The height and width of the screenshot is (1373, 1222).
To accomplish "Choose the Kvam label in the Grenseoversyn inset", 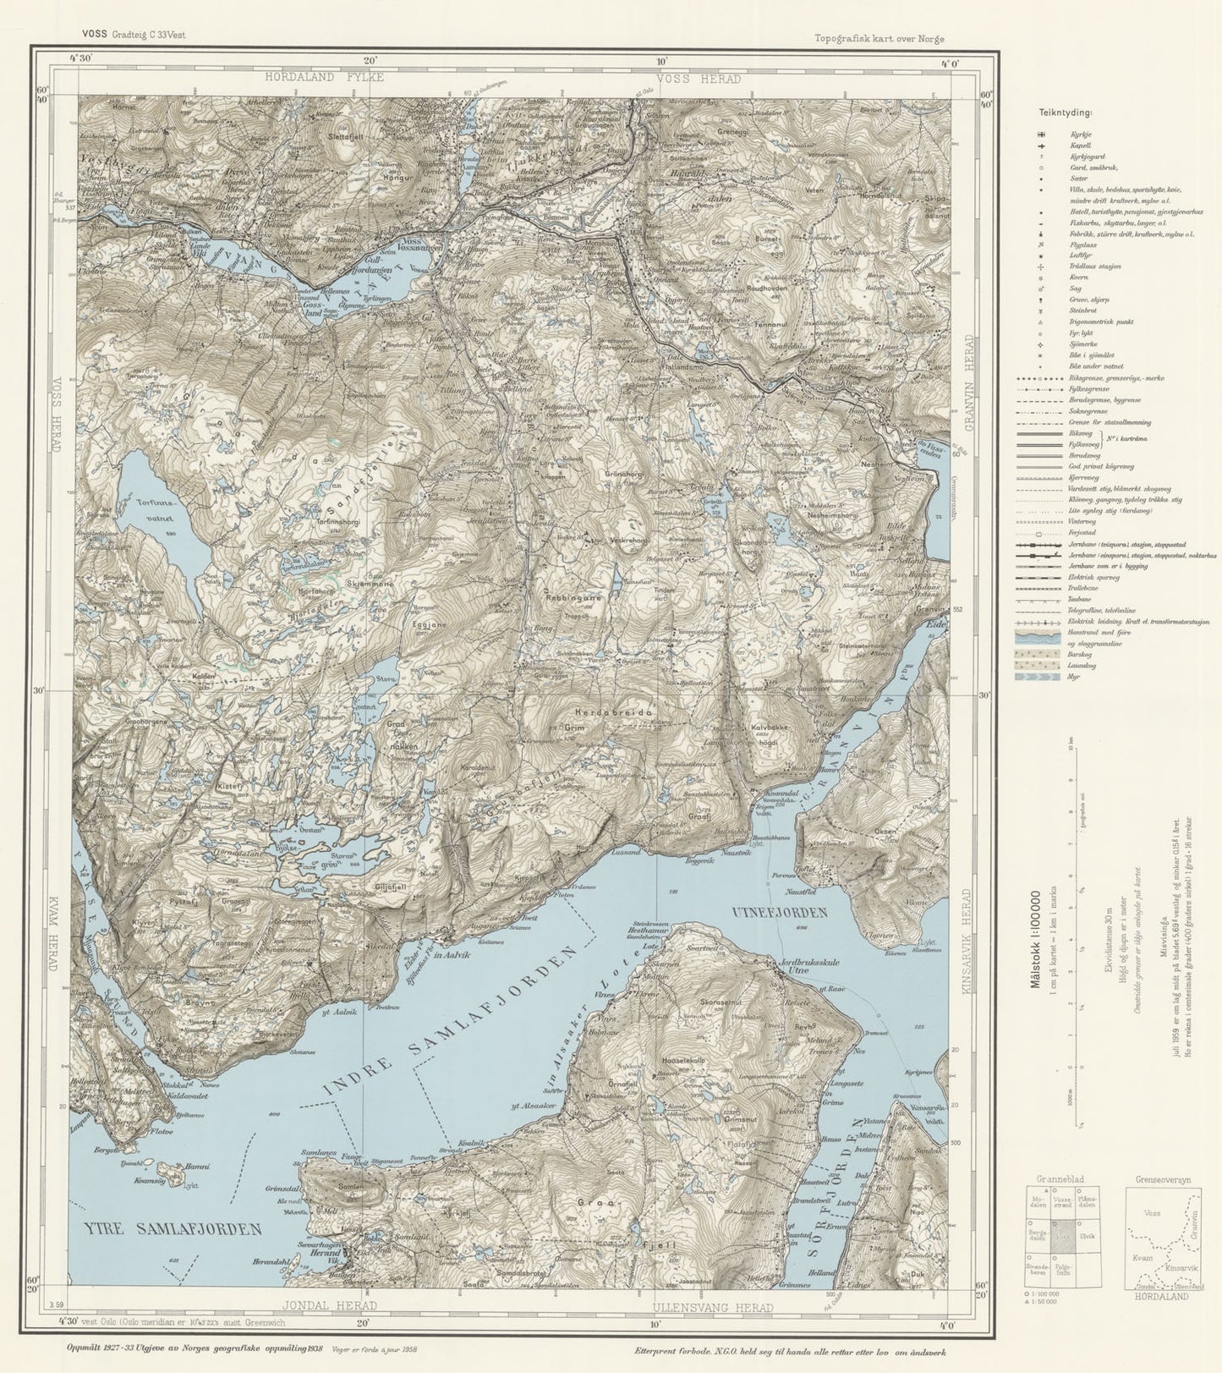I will [1142, 1258].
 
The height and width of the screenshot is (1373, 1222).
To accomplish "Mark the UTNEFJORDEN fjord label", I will [778, 912].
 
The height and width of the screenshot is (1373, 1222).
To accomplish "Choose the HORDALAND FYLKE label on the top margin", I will [324, 77].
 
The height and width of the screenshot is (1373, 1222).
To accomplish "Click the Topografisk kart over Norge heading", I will [880, 38].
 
